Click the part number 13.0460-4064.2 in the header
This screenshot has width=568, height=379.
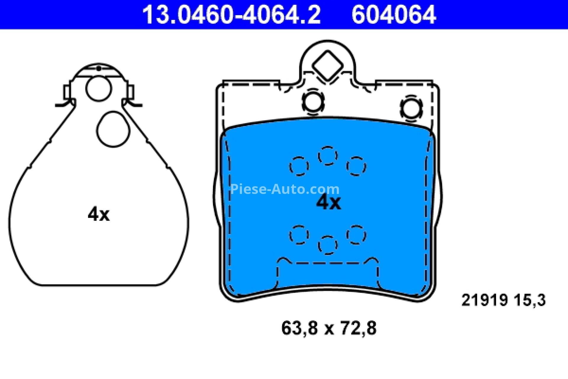(x=231, y=15)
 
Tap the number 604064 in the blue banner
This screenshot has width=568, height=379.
(x=394, y=15)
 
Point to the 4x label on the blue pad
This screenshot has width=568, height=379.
(x=329, y=203)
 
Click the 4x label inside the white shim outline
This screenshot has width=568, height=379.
(x=99, y=214)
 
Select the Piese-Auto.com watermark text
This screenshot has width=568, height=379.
(x=285, y=189)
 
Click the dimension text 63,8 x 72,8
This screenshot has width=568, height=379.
(x=329, y=328)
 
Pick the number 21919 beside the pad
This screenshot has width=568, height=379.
(x=485, y=300)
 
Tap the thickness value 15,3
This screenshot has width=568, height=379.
(x=530, y=300)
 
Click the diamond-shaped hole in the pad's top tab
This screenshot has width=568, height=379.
(x=328, y=65)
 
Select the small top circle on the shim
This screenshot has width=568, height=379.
(x=99, y=89)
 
